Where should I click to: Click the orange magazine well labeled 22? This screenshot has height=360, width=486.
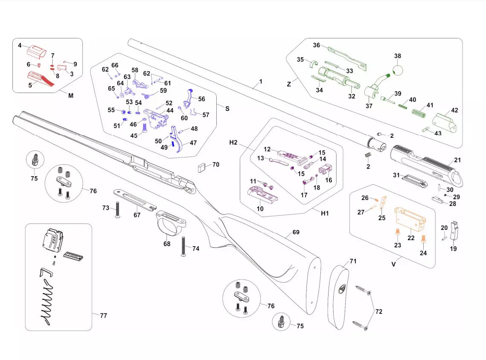coord(410,218)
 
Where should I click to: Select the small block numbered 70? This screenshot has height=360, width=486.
coord(202,167)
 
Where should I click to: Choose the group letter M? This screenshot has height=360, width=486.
coord(71,96)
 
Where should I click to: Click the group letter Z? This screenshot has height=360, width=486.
coord(289,84)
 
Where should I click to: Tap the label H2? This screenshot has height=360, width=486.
coord(233,142)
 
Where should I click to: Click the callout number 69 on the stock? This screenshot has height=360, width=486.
coord(296,232)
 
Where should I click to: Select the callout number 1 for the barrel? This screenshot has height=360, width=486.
coord(261,81)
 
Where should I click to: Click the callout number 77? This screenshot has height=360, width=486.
coord(103,316)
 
